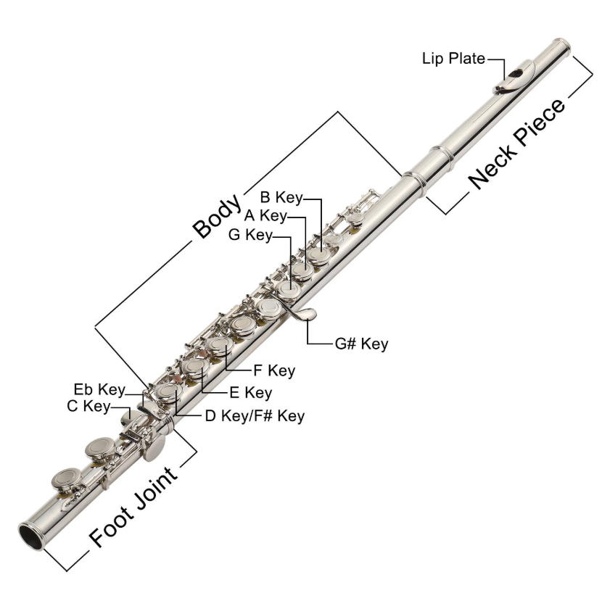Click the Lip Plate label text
[453, 59]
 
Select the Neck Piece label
[516, 145]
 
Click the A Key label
[265, 215]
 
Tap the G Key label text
[250, 234]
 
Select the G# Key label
[361, 344]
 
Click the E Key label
[251, 393]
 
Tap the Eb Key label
[97, 389]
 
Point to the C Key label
[87, 407]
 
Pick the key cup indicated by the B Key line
[319, 254]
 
